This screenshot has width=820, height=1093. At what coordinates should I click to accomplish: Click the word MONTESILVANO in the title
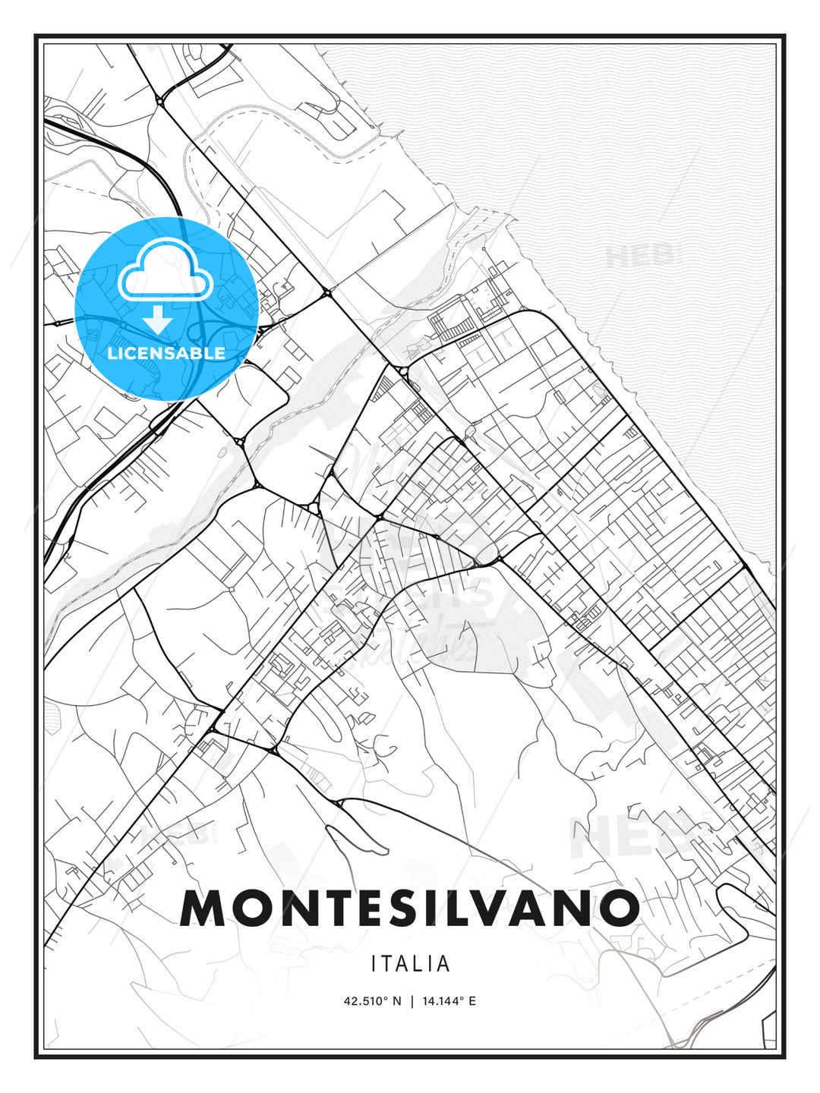409,908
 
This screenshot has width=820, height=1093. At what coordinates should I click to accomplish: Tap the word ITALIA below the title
410,964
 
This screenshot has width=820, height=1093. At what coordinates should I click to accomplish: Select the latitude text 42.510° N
372,1001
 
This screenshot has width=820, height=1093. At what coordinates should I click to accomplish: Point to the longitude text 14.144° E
448,1001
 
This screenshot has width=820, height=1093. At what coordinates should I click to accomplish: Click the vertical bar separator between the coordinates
411,1001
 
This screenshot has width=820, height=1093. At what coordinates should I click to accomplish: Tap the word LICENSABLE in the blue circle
166,353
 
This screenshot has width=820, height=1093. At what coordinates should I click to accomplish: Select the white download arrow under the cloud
158,320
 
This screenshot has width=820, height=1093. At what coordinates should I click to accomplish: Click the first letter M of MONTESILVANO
203,908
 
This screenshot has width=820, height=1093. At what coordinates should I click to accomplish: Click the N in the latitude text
396,1001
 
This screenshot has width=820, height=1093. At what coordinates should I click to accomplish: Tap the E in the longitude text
472,1001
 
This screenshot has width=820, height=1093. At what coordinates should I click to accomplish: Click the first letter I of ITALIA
374,964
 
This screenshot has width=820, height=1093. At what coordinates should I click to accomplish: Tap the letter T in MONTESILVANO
330,908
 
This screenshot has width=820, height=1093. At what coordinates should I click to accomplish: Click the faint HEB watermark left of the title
173,836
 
